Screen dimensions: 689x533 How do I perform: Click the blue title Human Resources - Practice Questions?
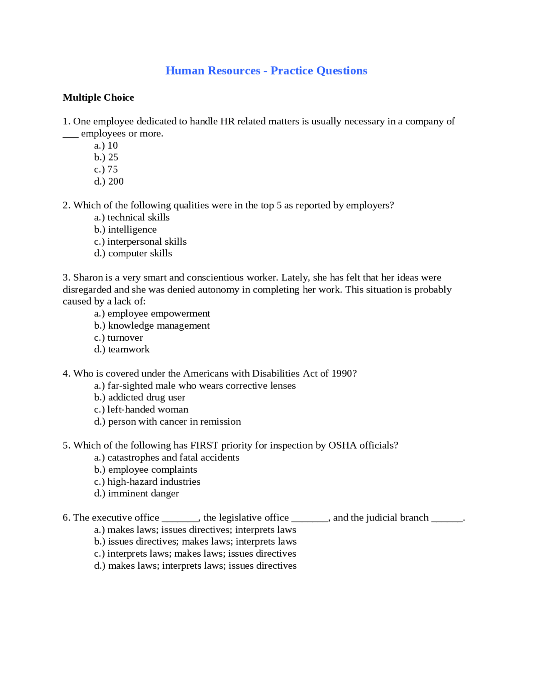tap(266, 71)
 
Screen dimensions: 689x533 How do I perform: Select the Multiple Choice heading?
tap(98, 97)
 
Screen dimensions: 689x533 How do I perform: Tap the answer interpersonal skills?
tap(147, 242)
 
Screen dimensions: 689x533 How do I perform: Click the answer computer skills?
tap(140, 253)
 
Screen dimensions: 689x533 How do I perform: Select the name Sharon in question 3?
tap(88, 278)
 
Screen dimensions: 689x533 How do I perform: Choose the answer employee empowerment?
tap(158, 314)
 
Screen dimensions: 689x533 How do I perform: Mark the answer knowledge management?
tap(159, 326)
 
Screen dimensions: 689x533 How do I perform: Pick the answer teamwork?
tap(129, 349)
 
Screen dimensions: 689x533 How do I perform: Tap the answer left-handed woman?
tap(147, 410)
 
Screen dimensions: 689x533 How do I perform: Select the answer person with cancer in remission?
tap(174, 422)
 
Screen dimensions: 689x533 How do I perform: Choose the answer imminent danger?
tap(143, 493)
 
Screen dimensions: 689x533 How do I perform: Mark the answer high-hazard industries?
tap(154, 482)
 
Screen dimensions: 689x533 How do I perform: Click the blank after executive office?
tap(180, 519)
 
